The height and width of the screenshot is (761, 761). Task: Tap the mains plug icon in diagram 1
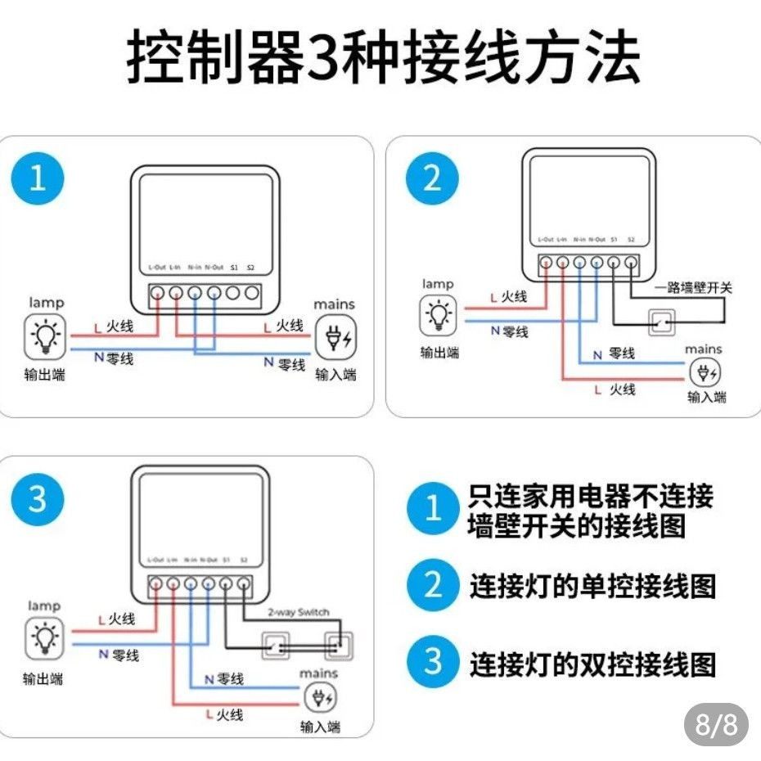coord(335,337)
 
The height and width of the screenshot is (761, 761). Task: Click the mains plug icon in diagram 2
coord(704,373)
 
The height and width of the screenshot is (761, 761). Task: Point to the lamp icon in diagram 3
coord(44,639)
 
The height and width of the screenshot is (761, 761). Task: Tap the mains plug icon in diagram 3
coord(318,698)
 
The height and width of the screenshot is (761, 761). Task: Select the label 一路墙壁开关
coord(694,288)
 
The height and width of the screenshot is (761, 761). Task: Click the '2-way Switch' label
coord(298,612)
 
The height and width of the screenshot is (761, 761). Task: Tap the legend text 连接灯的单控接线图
coord(592,586)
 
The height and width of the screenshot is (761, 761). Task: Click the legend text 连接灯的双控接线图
coord(592,664)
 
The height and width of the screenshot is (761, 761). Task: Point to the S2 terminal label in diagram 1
coord(250,268)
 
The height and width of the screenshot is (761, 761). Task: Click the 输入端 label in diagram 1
coord(335,376)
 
